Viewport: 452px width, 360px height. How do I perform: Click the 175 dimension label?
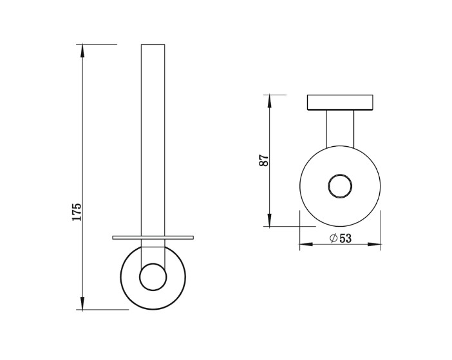pos(77,212)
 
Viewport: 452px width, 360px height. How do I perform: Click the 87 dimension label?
pos(264,160)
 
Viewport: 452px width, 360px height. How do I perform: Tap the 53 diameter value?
pos(345,238)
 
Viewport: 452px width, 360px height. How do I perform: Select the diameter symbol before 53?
pos(334,238)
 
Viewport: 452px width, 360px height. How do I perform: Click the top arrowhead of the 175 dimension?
pos(82,50)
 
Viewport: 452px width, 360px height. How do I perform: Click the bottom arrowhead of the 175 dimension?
pos(82,304)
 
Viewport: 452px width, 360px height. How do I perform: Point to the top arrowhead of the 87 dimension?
pos(269,100)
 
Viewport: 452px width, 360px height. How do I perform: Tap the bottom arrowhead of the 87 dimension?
pos(269,220)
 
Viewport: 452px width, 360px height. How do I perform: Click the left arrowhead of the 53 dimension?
pos(306,245)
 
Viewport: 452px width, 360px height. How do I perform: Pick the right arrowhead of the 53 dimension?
pos(374,245)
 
